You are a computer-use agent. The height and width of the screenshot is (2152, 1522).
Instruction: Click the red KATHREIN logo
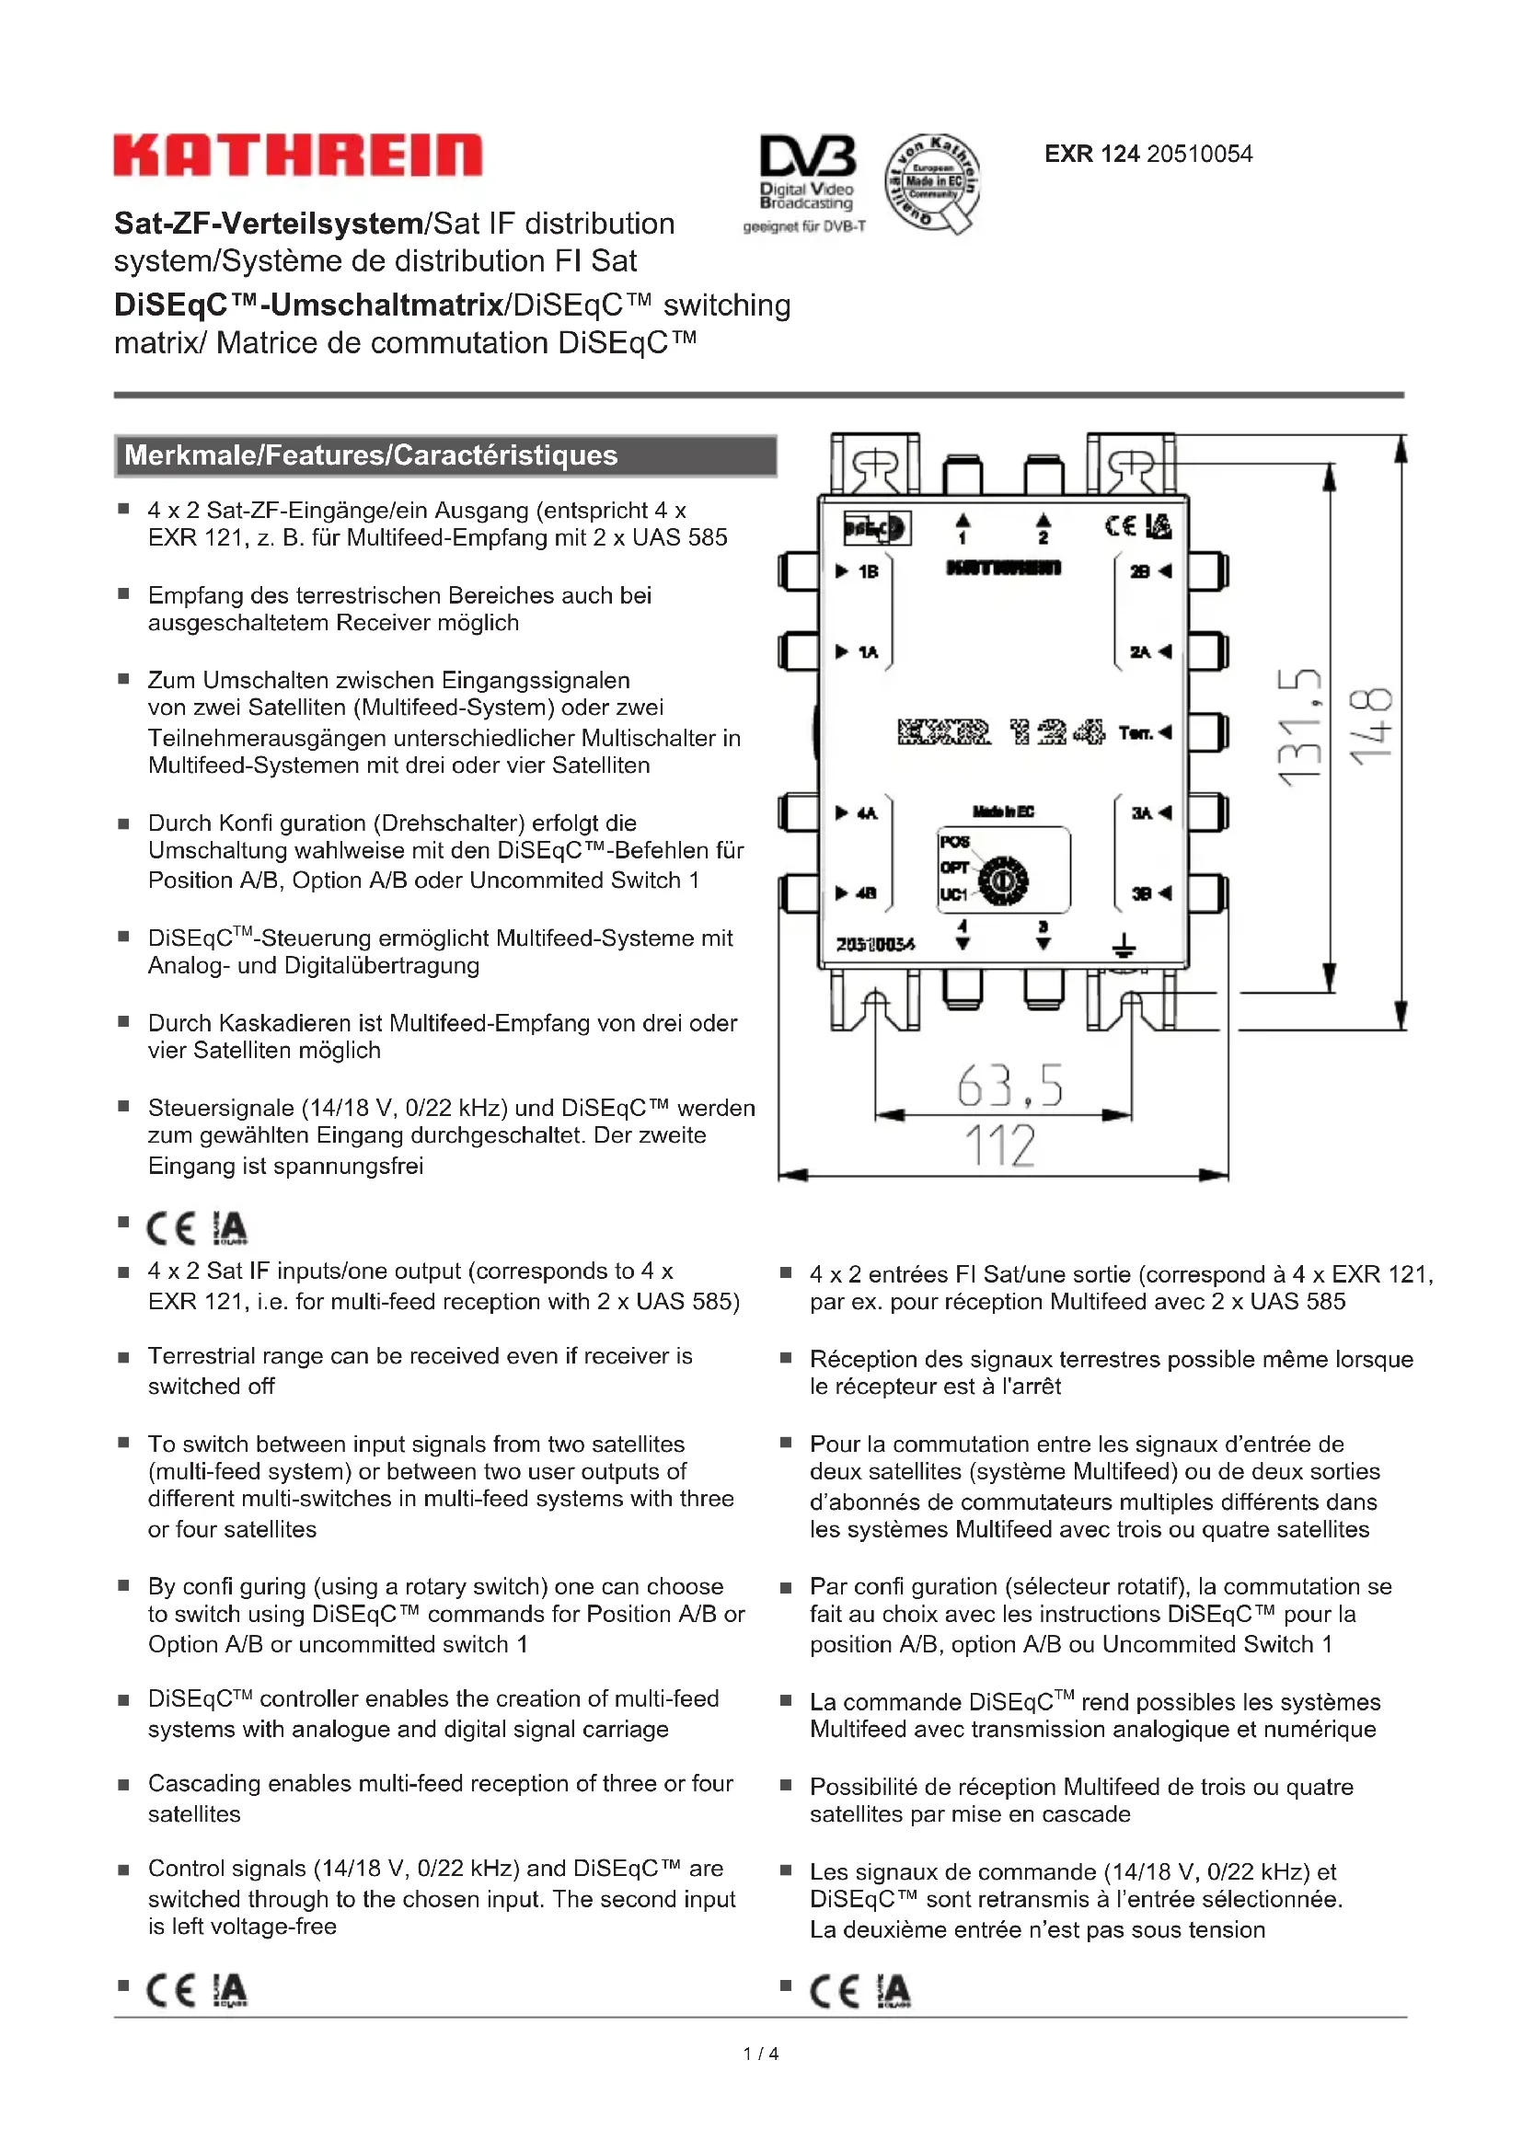tap(298, 155)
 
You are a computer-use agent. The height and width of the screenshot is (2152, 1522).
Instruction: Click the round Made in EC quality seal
tap(931, 182)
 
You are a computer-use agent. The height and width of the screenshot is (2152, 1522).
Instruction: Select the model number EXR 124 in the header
tap(1092, 154)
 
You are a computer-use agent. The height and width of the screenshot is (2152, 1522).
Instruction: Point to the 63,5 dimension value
tap(1009, 1087)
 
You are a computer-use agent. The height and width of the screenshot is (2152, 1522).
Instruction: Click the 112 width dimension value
tap(1000, 1145)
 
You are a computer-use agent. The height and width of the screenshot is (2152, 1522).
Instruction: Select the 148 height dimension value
tap(1370, 728)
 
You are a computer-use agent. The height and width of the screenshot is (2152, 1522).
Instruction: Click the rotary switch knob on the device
tap(1003, 881)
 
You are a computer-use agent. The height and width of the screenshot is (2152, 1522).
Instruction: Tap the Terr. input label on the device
tap(1135, 732)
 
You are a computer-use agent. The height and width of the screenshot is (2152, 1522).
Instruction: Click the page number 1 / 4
tap(760, 2054)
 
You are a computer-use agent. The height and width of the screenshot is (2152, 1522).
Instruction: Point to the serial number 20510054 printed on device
tap(875, 944)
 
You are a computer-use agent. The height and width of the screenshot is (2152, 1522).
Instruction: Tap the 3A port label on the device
tap(1140, 812)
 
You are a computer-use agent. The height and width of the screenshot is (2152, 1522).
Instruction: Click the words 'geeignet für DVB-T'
tap(804, 226)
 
